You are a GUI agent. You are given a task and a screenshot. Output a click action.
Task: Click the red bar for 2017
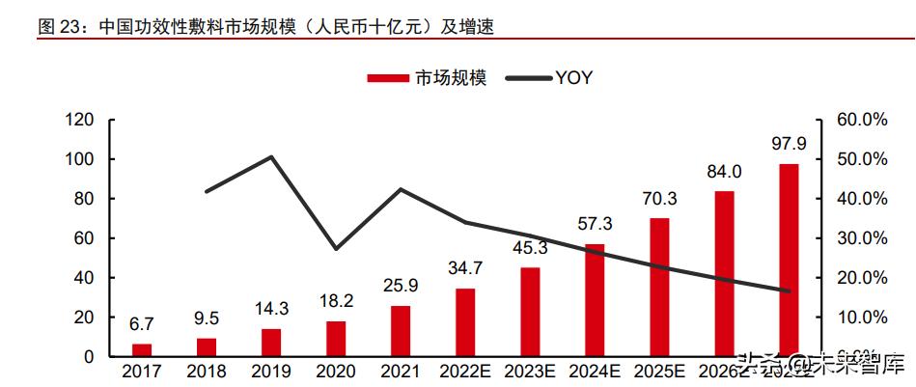[142, 349]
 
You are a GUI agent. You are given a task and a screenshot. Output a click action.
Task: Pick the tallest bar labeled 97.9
[789, 260]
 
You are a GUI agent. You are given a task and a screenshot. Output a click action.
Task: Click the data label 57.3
[595, 224]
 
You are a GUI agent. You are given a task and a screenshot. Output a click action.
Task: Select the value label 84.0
[724, 172]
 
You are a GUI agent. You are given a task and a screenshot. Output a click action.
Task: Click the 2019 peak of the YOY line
[271, 156]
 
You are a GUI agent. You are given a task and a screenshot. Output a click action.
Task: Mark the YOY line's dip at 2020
[336, 249]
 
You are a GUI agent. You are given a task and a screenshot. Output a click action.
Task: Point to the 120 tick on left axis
[79, 120]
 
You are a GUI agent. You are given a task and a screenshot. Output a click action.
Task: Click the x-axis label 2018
[207, 371]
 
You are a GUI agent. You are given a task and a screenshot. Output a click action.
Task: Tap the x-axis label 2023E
[530, 371]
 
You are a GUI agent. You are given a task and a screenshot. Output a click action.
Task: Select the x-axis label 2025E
[659, 371]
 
